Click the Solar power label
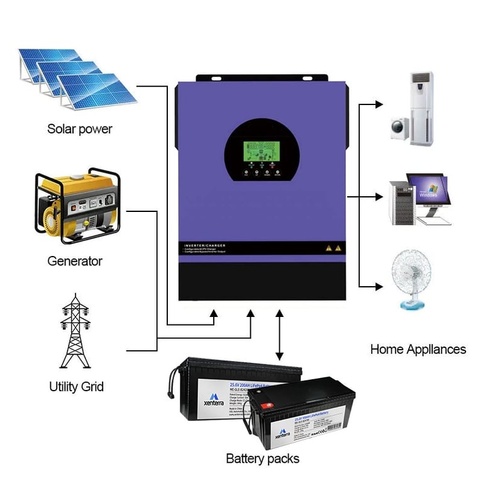point(80,129)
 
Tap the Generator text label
point(75,260)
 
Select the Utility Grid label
point(76,386)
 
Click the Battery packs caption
point(262,458)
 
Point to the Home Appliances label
point(418,349)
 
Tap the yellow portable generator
point(75,203)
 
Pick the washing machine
point(400,127)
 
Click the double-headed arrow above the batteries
point(279,336)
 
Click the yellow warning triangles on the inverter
point(333,248)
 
